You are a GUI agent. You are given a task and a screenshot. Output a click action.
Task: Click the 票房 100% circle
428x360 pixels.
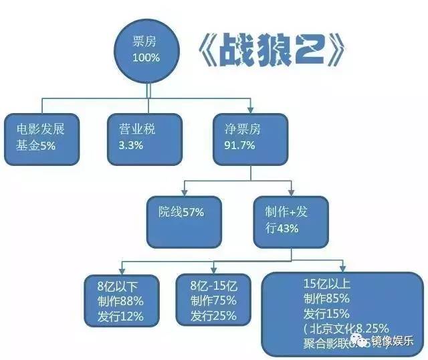[x=146, y=50]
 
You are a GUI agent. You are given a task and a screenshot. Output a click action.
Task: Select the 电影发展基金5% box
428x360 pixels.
[x=41, y=139]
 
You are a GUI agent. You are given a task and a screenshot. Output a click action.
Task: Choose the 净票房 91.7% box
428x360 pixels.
[x=250, y=139]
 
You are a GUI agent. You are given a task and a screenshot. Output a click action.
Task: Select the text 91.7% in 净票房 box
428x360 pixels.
[x=237, y=147]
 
